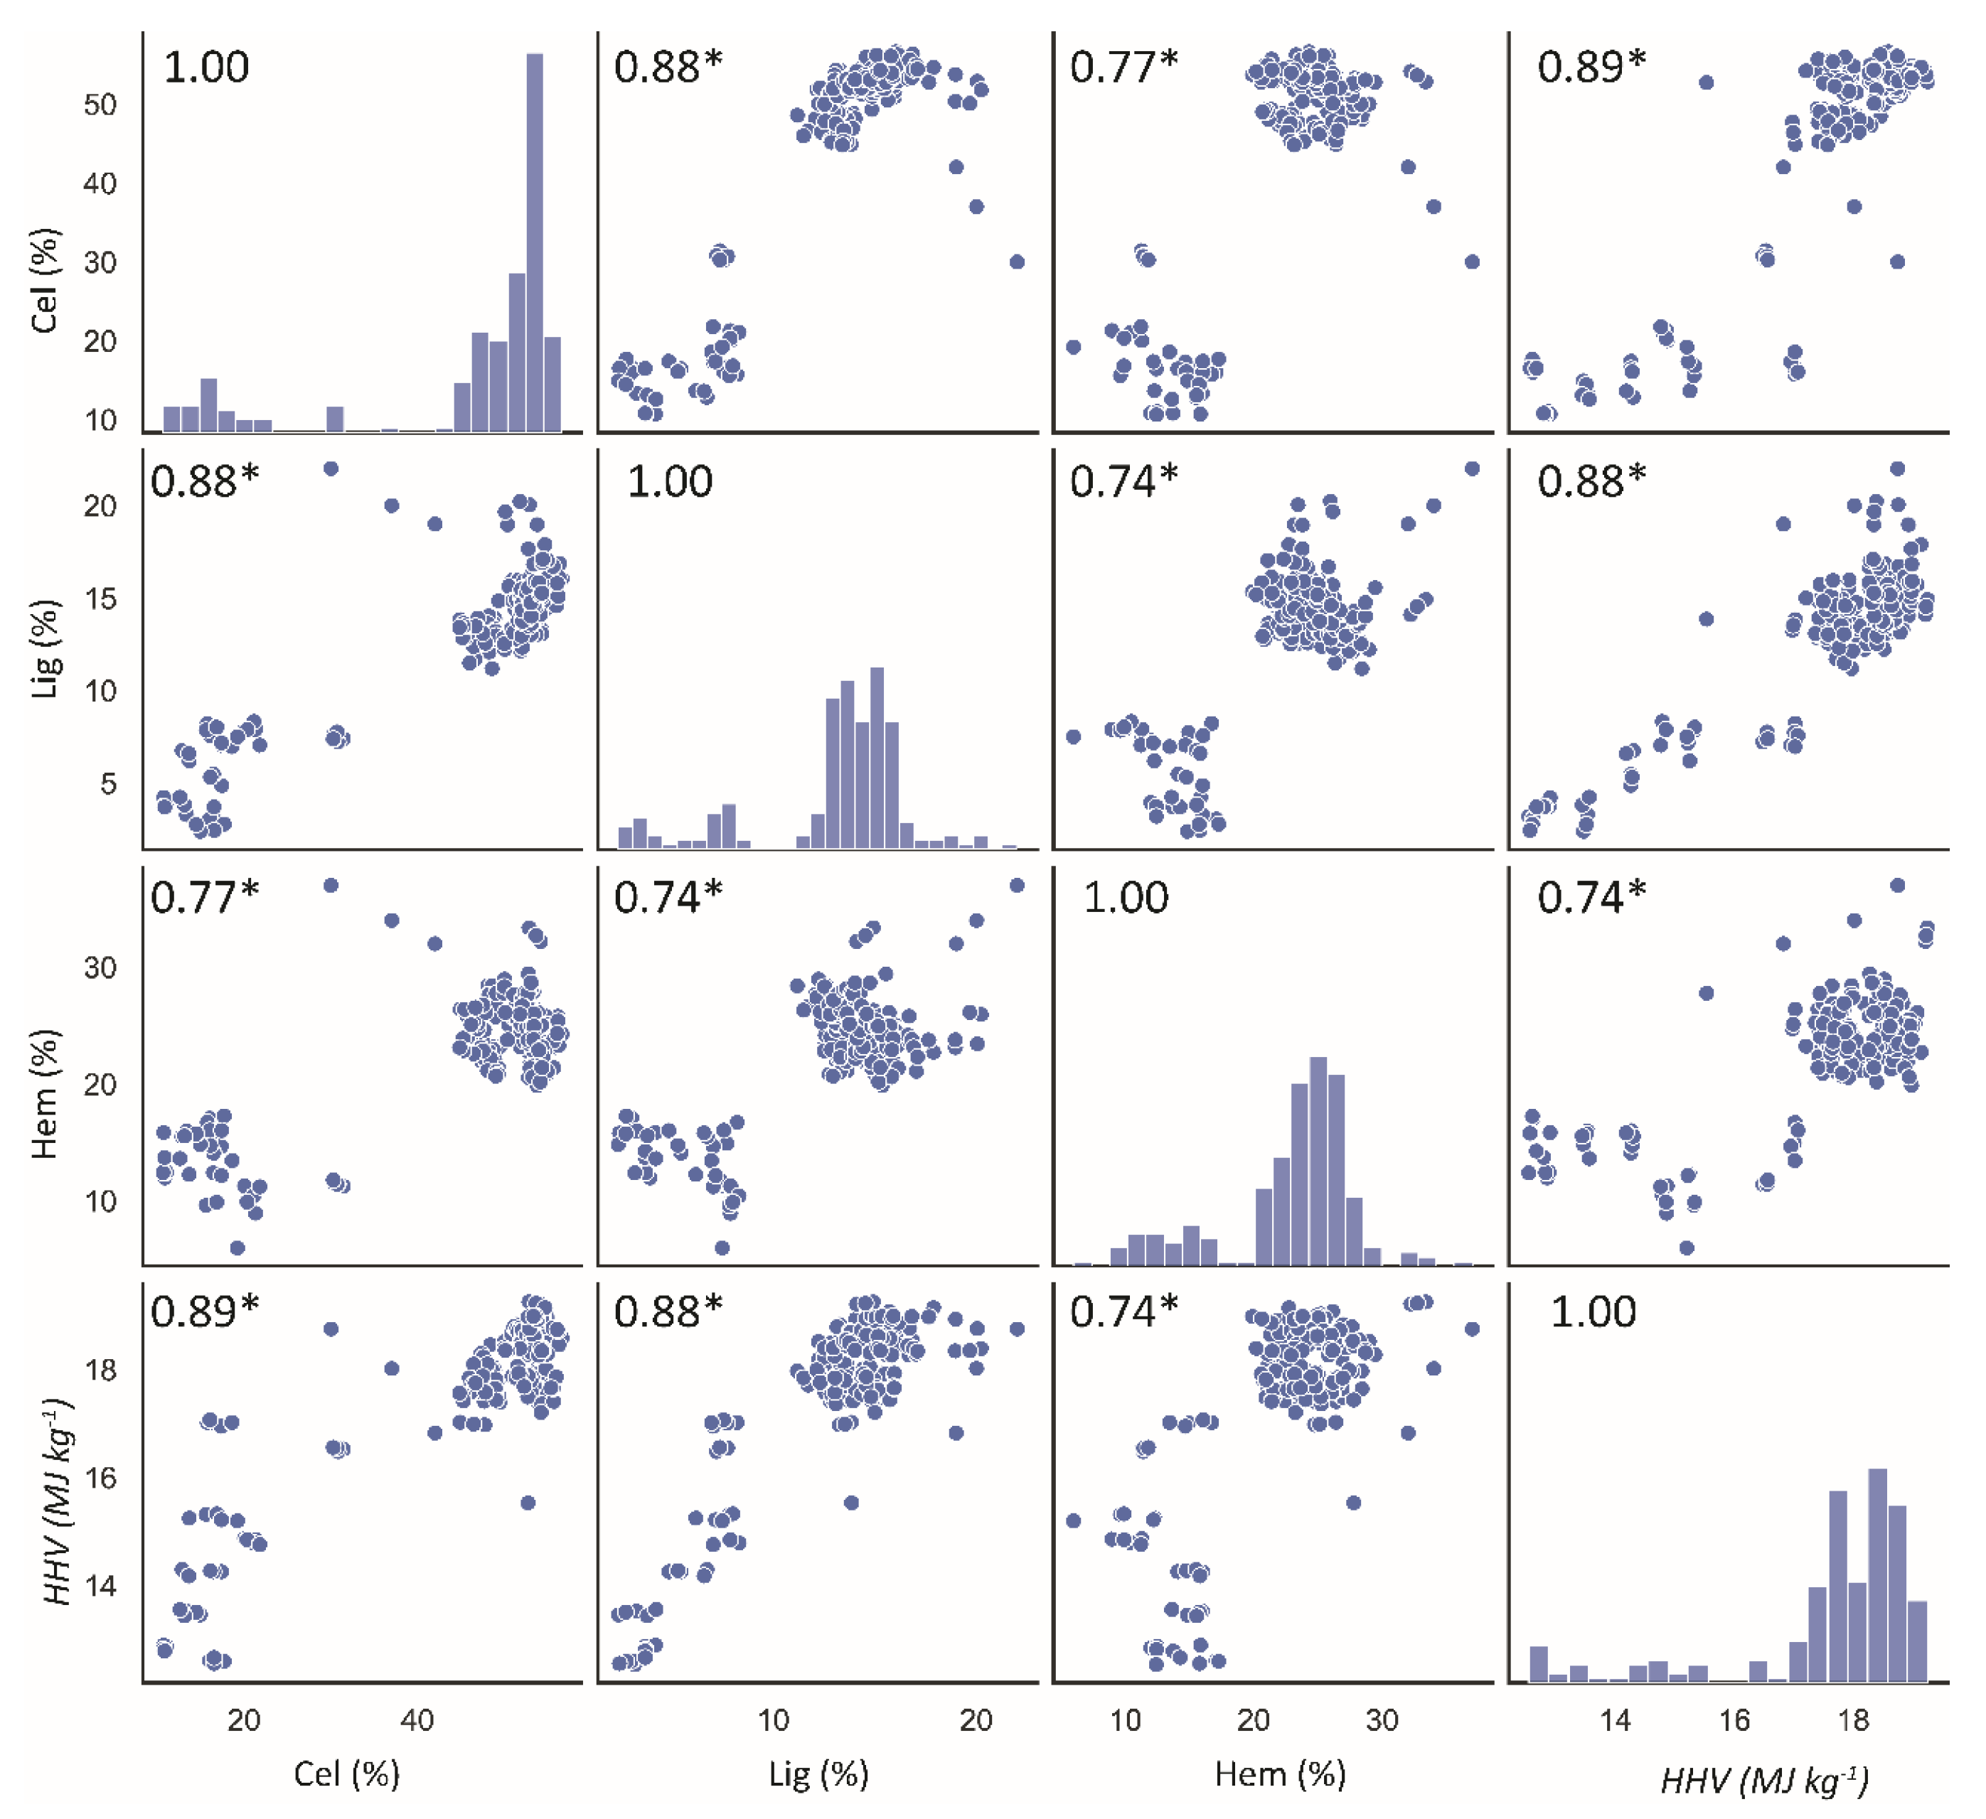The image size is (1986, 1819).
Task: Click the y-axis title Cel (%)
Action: tap(44, 281)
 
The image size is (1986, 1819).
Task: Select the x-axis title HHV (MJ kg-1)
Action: tap(1763, 1778)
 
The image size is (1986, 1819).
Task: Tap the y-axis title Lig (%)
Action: tap(44, 649)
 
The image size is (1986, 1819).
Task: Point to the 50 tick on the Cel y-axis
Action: tap(100, 104)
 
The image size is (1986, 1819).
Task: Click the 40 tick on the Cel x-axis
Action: tap(417, 1719)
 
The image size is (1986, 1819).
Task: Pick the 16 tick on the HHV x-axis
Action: tap(1734, 1719)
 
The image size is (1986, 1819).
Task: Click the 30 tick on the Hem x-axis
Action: tap(1382, 1719)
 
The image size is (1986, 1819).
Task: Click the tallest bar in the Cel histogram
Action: tap(534, 241)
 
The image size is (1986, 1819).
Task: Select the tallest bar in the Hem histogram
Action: tap(1318, 1160)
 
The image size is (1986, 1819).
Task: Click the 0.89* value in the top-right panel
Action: tap(1591, 67)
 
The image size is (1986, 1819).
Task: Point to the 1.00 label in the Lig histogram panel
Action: tap(669, 482)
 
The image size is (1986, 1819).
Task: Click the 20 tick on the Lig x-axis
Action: tap(976, 1719)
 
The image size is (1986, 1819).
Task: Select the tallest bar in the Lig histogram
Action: tap(877, 756)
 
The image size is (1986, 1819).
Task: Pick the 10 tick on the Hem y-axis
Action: tap(100, 1201)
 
